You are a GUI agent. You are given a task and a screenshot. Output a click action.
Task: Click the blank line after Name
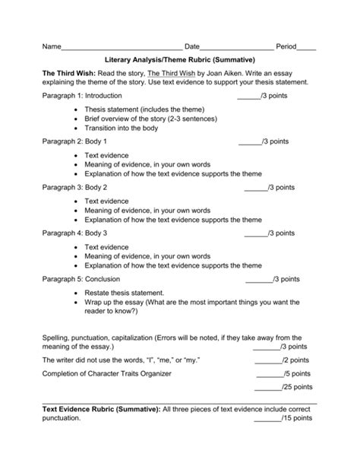122,47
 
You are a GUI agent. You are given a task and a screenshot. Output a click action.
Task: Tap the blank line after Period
307,47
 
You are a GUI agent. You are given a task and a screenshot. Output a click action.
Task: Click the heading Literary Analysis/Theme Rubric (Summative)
180,59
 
